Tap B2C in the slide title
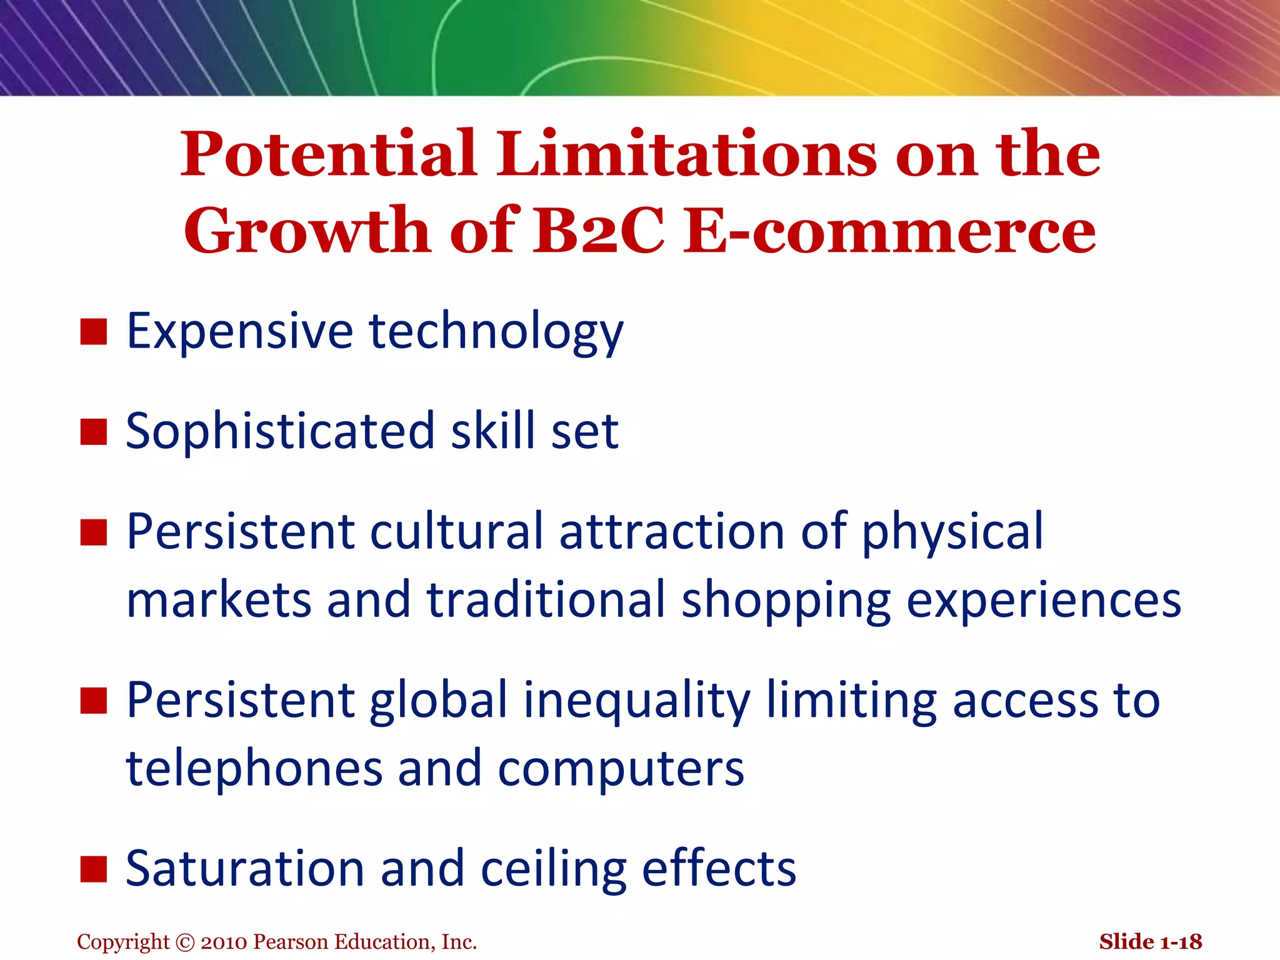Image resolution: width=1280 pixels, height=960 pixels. click(x=598, y=231)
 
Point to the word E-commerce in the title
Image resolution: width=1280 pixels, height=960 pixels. click(x=889, y=231)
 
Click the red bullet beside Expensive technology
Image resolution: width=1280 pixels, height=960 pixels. click(x=94, y=331)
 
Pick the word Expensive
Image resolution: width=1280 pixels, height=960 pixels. click(x=240, y=331)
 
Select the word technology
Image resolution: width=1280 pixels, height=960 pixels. click(x=496, y=331)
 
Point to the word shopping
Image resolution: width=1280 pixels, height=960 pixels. click(x=786, y=600)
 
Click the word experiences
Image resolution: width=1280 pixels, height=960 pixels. click(x=1043, y=600)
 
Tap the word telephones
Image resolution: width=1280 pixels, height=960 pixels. click(x=254, y=769)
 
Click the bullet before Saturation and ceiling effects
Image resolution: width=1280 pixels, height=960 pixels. click(x=94, y=869)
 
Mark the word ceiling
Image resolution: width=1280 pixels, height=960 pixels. click(x=553, y=869)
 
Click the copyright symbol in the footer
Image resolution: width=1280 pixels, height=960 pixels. click(x=186, y=942)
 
